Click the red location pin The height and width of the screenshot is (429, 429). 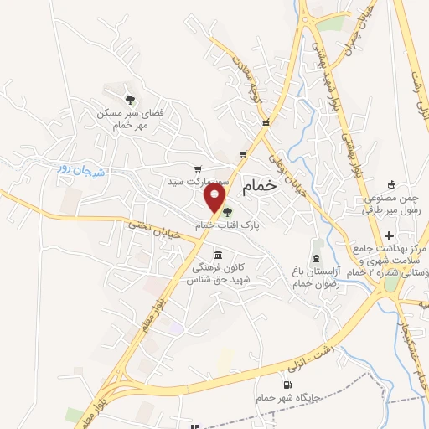216,199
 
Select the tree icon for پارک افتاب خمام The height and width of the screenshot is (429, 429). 228,212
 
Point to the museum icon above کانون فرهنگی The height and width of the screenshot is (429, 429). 219,255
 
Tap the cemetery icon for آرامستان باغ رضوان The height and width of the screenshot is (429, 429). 316,257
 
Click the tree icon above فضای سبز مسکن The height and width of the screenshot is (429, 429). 127,99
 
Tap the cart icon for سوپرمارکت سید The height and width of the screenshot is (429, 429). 198,168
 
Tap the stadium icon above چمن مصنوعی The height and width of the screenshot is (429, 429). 390,184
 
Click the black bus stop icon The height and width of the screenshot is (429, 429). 265,123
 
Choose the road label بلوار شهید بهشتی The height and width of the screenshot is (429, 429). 337,101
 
